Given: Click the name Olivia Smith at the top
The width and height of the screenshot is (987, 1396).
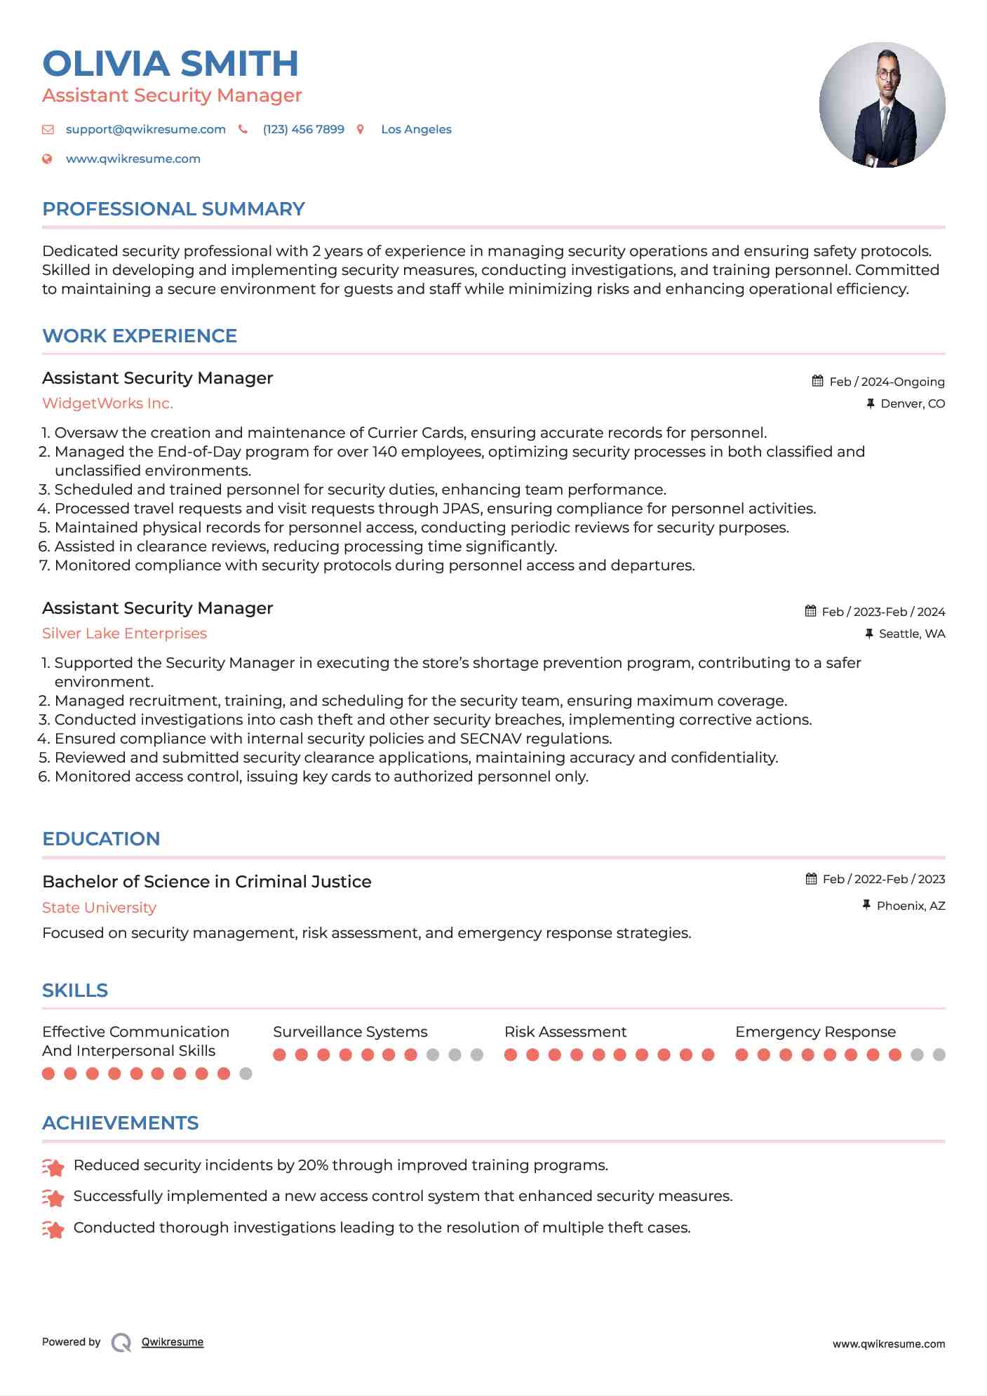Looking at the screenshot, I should point(170,64).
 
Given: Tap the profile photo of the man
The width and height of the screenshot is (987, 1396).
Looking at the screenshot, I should point(882,105).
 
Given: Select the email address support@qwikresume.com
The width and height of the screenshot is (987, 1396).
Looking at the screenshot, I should point(145,130).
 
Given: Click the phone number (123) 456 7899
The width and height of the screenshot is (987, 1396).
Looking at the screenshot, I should point(303,130).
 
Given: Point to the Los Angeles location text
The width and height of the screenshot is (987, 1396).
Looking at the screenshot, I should point(416,130).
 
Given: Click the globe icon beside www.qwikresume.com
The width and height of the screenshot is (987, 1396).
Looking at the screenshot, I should point(47,159).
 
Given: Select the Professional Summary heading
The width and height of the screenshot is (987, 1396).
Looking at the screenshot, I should point(173,209).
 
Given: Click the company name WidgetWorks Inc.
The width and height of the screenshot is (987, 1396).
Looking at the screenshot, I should point(107,403).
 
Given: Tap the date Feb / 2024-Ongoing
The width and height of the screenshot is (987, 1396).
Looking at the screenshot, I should point(886,382).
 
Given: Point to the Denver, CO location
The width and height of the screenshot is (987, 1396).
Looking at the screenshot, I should point(912,404).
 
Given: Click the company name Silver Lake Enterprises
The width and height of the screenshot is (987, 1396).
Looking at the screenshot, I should point(124,633).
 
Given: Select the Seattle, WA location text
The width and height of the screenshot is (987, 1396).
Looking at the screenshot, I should point(911,634).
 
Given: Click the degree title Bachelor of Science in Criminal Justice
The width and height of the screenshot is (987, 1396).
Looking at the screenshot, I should point(206,882).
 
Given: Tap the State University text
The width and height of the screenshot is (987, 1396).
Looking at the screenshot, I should point(99,908).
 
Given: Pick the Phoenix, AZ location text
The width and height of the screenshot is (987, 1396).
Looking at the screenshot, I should point(911,906).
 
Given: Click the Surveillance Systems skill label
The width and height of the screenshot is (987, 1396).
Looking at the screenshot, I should point(350,1032).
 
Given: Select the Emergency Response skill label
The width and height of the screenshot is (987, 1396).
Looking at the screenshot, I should point(815,1032).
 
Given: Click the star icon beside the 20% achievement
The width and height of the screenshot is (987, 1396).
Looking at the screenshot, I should point(53,1167).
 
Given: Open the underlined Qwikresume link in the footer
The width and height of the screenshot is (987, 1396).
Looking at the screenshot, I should point(173,1342).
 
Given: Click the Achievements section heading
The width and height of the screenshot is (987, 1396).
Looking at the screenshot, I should point(120,1123).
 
